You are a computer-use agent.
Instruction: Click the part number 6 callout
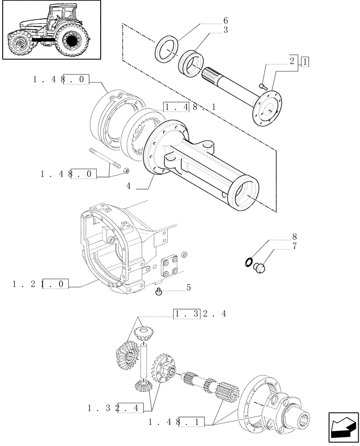(x=225, y=21)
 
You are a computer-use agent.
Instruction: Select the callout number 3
(x=225, y=30)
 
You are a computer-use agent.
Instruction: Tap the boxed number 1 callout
(x=305, y=62)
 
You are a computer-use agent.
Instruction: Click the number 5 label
(x=188, y=288)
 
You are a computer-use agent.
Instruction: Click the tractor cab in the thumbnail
(x=60, y=18)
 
